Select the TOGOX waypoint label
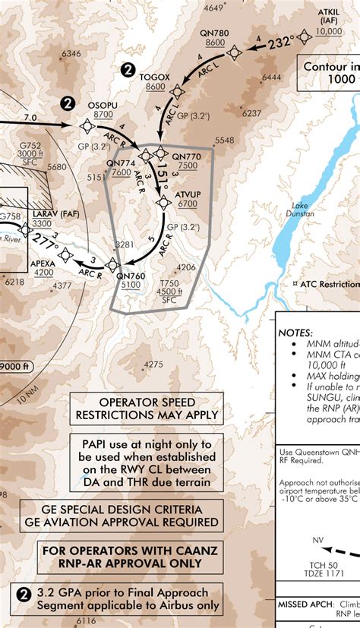click(155, 76)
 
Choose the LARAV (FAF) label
click(43, 213)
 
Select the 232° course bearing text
click(280, 44)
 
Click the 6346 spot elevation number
click(71, 54)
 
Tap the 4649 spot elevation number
click(216, 8)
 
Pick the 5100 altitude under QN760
click(130, 285)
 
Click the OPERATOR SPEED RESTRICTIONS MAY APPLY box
click(147, 409)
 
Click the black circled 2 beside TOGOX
click(128, 70)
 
